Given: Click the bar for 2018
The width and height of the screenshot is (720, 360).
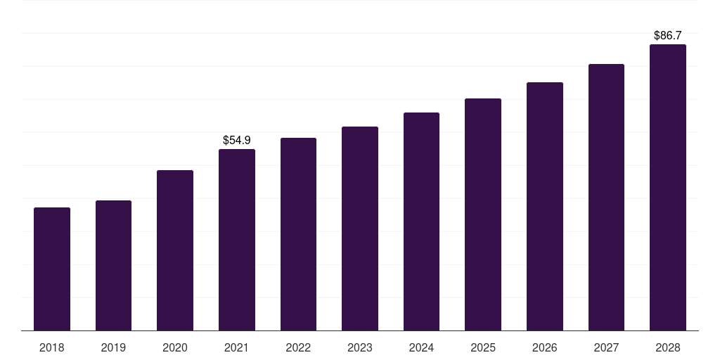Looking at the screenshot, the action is click(x=52, y=269).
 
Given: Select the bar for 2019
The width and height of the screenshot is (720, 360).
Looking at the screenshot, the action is click(x=113, y=265).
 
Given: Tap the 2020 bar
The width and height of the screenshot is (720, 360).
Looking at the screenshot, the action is click(x=175, y=250).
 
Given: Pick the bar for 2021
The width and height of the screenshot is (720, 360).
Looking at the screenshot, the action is click(x=237, y=240).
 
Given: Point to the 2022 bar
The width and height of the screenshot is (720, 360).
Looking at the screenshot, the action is click(x=298, y=234).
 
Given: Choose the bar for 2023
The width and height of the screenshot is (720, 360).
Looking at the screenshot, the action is click(x=360, y=229).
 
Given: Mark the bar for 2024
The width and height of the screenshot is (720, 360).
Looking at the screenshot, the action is click(x=422, y=221).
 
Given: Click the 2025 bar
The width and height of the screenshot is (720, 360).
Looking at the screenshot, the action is click(x=483, y=214).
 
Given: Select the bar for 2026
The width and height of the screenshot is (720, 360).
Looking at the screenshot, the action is click(x=545, y=207).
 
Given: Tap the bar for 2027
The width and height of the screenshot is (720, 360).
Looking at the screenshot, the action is click(x=606, y=198).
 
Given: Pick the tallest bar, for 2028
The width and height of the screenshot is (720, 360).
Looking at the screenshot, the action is click(x=668, y=187).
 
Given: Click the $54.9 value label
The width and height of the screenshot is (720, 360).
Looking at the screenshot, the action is click(x=237, y=140).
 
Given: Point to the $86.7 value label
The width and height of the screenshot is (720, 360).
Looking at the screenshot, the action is click(x=668, y=35).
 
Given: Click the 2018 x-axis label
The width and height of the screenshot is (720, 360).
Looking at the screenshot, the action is click(x=52, y=347).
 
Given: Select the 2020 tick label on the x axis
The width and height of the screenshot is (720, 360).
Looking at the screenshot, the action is click(x=175, y=347).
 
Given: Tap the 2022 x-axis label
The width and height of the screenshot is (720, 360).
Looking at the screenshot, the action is click(x=298, y=347).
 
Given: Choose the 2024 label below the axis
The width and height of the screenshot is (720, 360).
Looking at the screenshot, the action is click(x=422, y=347).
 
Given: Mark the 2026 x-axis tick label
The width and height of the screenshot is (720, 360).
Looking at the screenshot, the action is click(x=545, y=347).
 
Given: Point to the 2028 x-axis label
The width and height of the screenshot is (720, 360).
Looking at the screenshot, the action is click(x=668, y=347).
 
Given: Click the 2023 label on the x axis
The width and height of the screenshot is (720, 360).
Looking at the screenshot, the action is click(x=360, y=347).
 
